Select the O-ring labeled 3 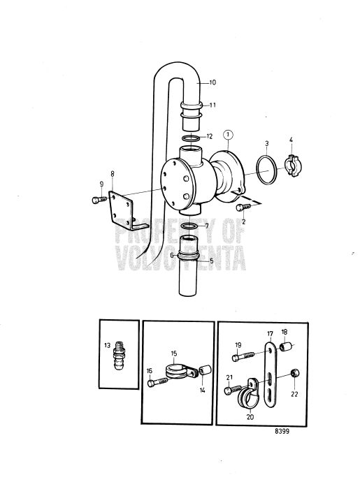click(x=264, y=172)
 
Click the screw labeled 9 click(x=98, y=199)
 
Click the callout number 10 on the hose click(x=213, y=82)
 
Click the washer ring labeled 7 click(x=190, y=227)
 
